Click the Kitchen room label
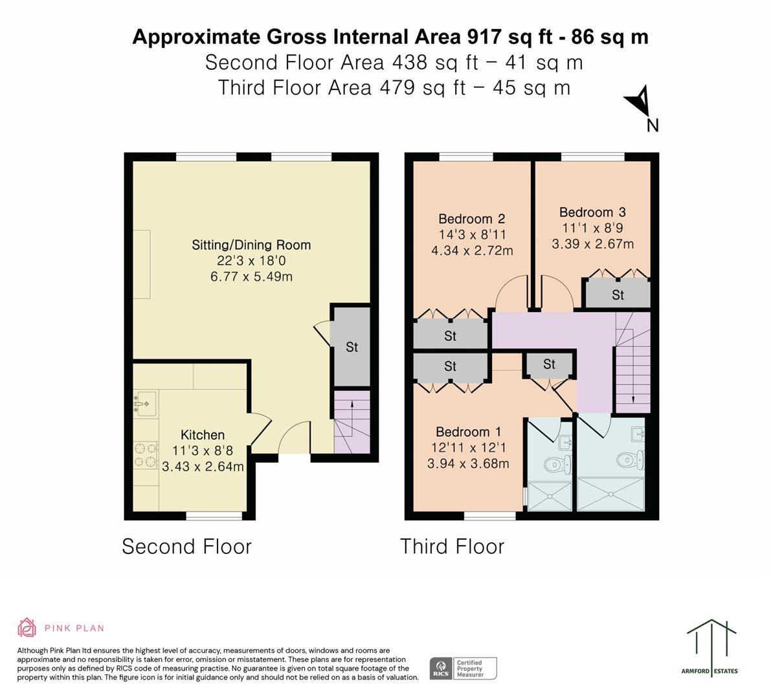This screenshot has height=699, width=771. click(x=203, y=435)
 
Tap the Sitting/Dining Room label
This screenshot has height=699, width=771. click(x=251, y=245)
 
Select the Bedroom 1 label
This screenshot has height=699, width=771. click(x=468, y=432)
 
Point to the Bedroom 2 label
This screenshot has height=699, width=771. click(x=471, y=219)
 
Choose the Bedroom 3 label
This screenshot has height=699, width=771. click(x=592, y=212)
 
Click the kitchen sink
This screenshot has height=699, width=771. click(x=145, y=404)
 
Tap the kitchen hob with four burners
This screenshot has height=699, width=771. click(x=146, y=455)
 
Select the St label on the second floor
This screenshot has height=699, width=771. click(x=352, y=347)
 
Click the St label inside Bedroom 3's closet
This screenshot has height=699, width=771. click(x=618, y=295)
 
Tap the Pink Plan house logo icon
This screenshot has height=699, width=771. click(x=27, y=628)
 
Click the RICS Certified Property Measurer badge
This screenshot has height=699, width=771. click(x=464, y=669)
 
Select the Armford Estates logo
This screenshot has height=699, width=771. click(x=711, y=647)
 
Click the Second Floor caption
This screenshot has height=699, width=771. click(x=187, y=547)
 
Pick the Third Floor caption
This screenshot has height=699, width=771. click(x=452, y=547)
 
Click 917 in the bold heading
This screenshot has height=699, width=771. click(x=484, y=37)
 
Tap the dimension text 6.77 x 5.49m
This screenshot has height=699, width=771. click(x=251, y=277)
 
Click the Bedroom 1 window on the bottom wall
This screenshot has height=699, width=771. click(x=490, y=516)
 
